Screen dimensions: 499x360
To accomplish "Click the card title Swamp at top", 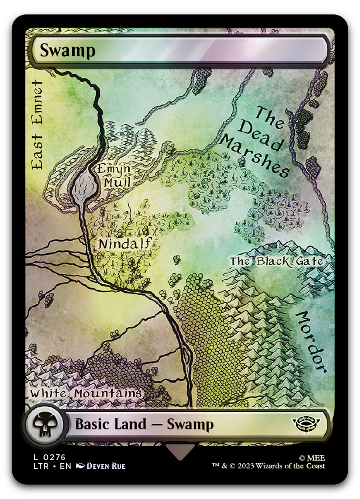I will (68, 50).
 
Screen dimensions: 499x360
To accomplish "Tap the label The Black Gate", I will (276, 261).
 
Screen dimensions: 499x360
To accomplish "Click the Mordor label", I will (311, 342).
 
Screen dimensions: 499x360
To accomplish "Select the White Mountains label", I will (86, 394).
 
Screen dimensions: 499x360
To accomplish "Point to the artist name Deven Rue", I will (106, 466).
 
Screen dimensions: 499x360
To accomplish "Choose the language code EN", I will (65, 466).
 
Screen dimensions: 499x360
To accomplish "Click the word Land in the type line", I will (129, 425).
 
